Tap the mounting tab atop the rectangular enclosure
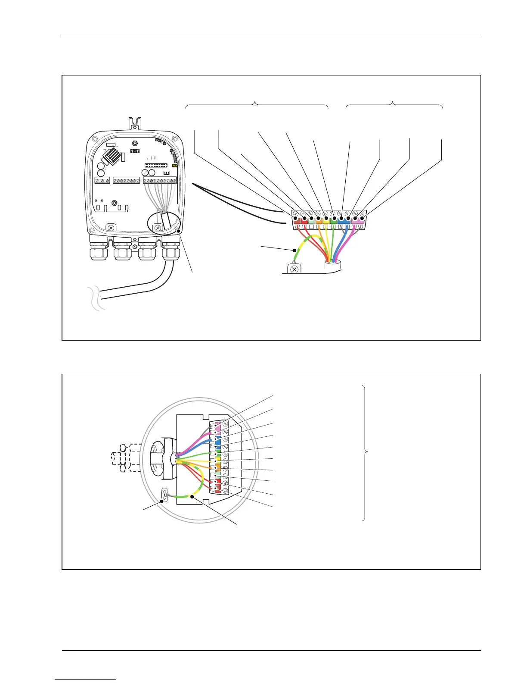[136, 124]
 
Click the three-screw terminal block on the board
[102, 180]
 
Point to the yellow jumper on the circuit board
[175, 166]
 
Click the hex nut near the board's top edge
[134, 142]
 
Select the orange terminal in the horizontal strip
[319, 219]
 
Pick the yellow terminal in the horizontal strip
[326, 219]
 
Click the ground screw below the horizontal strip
[294, 269]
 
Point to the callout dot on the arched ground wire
[294, 250]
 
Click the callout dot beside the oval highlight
[178, 232]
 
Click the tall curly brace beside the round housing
[365, 452]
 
